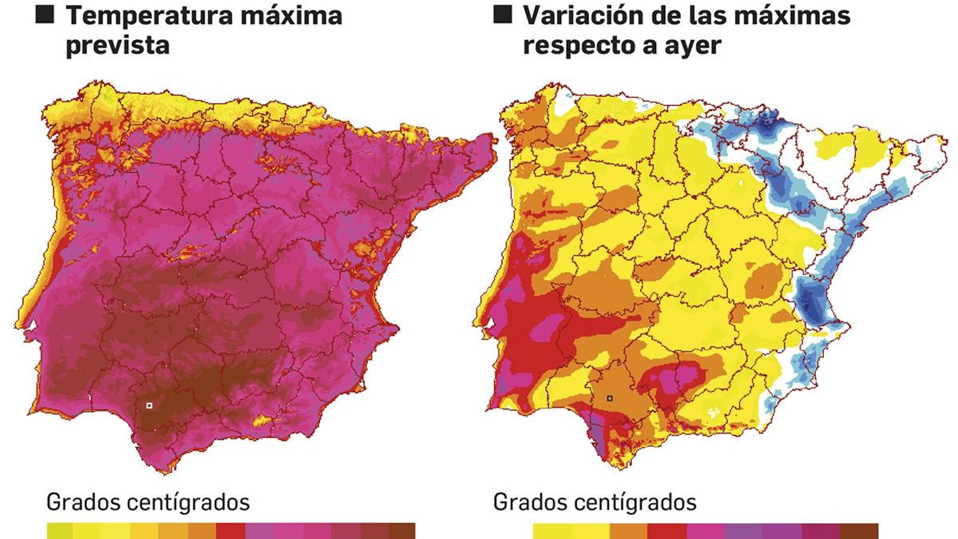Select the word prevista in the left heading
(117, 46)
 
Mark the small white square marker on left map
(149, 405)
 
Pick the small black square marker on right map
(610, 398)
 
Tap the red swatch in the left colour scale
(231, 531)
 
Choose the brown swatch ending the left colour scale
(401, 531)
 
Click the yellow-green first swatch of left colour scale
(60, 531)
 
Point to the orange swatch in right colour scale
(629, 531)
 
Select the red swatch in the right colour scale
(667, 531)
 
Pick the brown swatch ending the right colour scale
(859, 531)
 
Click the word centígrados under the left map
(188, 502)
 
